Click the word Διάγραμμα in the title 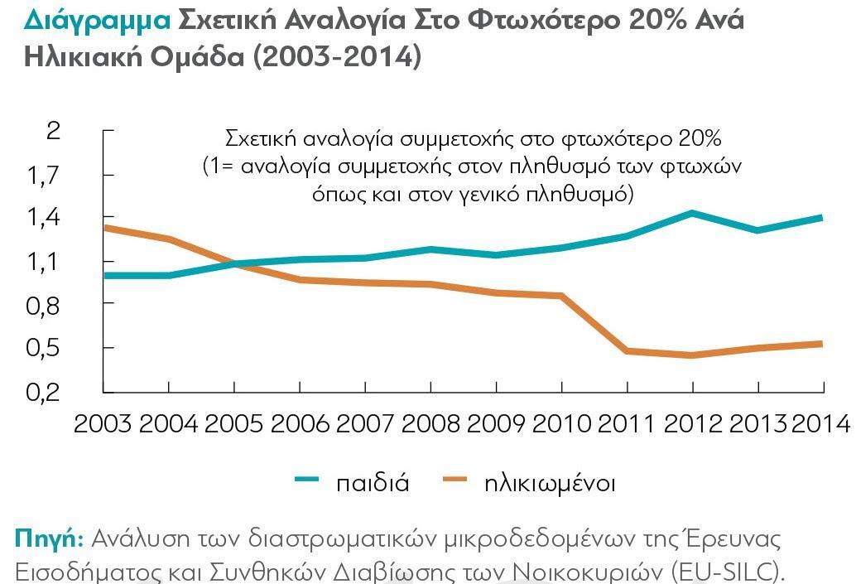pyautogui.click(x=95, y=20)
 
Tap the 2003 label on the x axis pyautogui.click(x=103, y=423)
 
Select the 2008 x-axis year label pyautogui.click(x=430, y=423)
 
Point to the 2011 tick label pyautogui.click(x=627, y=423)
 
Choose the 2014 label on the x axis pyautogui.click(x=820, y=423)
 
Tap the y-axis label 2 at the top pyautogui.click(x=54, y=131)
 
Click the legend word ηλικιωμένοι pyautogui.click(x=550, y=483)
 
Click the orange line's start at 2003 pyautogui.click(x=104, y=227)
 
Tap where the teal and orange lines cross pyautogui.click(x=235, y=264)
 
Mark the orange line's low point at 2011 pyautogui.click(x=627, y=351)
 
